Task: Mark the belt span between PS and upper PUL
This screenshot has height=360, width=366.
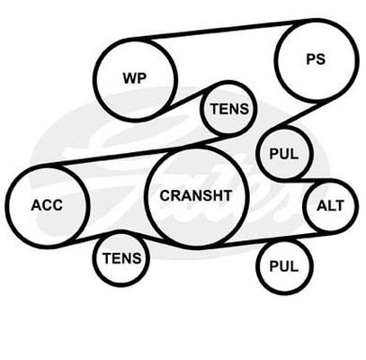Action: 299,115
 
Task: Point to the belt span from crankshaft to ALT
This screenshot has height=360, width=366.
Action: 270,240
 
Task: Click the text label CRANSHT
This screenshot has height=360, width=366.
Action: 196,195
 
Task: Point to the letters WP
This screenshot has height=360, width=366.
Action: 135,78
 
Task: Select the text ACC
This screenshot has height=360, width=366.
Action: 47,205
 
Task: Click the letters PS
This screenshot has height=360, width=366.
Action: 316,59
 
